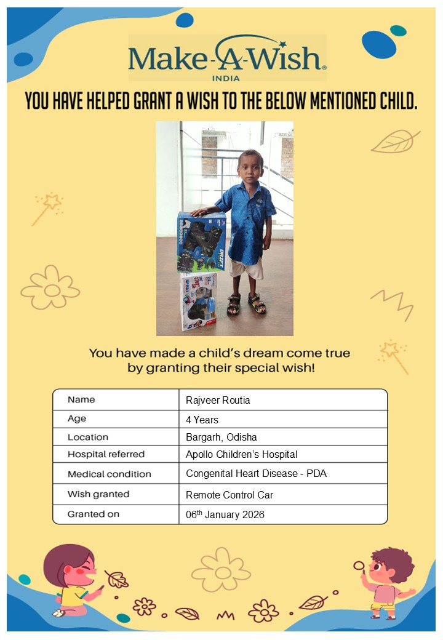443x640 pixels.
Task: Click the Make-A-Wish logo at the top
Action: pyautogui.click(x=227, y=57)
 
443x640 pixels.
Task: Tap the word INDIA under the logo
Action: pyautogui.click(x=225, y=78)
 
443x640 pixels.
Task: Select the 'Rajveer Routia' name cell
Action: pyautogui.click(x=218, y=401)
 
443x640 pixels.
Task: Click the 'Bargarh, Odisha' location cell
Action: pyautogui.click(x=221, y=438)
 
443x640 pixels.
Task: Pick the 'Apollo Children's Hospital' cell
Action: pyautogui.click(x=241, y=455)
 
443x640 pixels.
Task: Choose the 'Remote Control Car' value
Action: pyautogui.click(x=229, y=495)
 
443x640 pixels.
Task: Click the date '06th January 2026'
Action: pyautogui.click(x=225, y=514)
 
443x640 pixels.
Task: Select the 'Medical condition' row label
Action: pyautogui.click(x=109, y=474)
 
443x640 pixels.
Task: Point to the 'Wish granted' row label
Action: pyautogui.click(x=98, y=494)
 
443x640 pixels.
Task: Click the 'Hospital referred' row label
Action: pyautogui.click(x=106, y=455)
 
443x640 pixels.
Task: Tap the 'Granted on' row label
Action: pyautogui.click(x=94, y=514)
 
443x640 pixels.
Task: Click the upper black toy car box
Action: pyautogui.click(x=201, y=241)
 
